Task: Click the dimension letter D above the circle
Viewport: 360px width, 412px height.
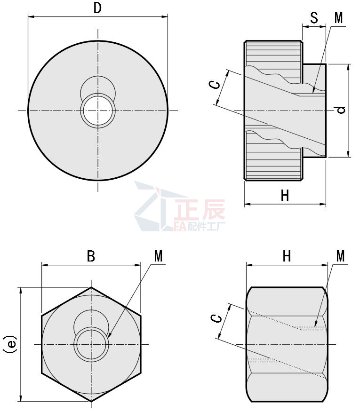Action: click(97, 8)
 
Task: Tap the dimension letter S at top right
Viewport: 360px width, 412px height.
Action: click(314, 17)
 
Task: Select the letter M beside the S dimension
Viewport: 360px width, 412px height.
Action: click(339, 17)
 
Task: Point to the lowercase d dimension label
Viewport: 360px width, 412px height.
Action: click(341, 110)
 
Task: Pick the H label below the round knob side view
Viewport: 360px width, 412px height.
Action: click(285, 196)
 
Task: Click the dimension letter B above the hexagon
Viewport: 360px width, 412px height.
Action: click(91, 256)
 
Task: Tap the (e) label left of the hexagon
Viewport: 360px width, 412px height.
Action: click(9, 344)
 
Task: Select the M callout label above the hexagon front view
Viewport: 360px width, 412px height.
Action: click(158, 256)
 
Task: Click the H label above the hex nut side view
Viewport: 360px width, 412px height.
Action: click(287, 256)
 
